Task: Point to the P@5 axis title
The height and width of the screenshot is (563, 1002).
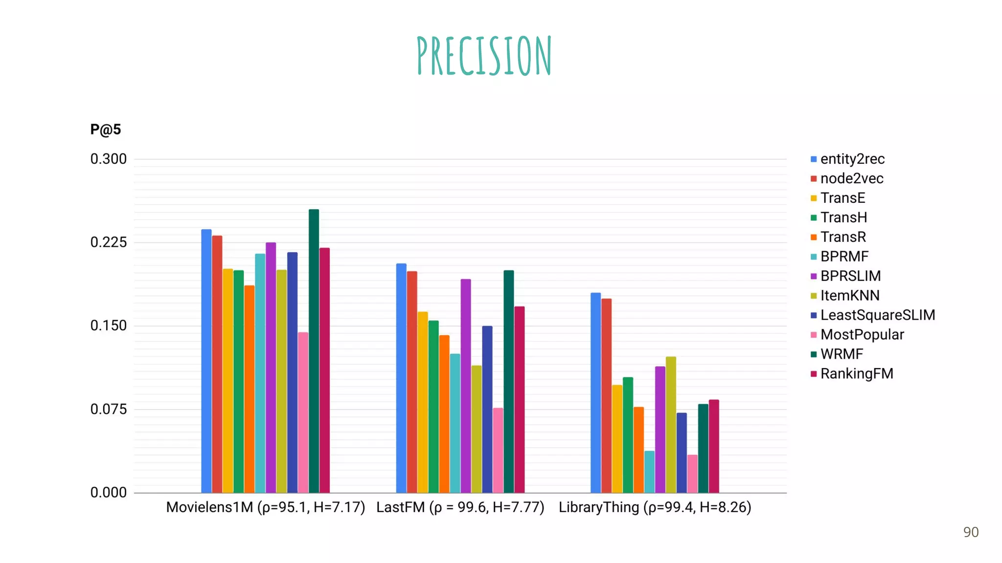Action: pyautogui.click(x=105, y=130)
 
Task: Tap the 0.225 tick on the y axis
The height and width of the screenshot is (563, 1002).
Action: pyautogui.click(x=108, y=242)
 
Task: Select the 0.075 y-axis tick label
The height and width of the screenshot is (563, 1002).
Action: pyautogui.click(x=108, y=409)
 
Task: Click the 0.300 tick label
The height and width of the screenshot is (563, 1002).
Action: pyautogui.click(x=108, y=159)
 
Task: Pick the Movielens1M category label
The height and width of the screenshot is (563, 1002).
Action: pyautogui.click(x=265, y=507)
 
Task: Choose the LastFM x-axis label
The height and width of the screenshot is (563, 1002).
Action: pyautogui.click(x=460, y=507)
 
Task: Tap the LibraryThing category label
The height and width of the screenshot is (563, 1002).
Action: pyautogui.click(x=655, y=507)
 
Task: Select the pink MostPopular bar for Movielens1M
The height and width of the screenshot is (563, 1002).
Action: pyautogui.click(x=303, y=412)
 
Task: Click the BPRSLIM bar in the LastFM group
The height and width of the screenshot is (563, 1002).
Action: pyautogui.click(x=466, y=386)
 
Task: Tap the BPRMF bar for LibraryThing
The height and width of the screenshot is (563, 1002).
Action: pyautogui.click(x=649, y=472)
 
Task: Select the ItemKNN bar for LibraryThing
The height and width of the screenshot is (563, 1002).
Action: pyautogui.click(x=671, y=425)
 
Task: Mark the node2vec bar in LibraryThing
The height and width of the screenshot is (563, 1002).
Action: pyautogui.click(x=606, y=395)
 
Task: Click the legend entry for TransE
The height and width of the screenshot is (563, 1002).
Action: pyautogui.click(x=843, y=198)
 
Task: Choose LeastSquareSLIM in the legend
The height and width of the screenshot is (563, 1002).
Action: pyautogui.click(x=877, y=315)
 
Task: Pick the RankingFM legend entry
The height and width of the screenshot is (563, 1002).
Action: pyautogui.click(x=856, y=374)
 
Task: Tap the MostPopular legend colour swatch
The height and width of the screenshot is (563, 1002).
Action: pyautogui.click(x=814, y=335)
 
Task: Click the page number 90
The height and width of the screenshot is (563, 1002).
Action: pyautogui.click(x=971, y=532)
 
